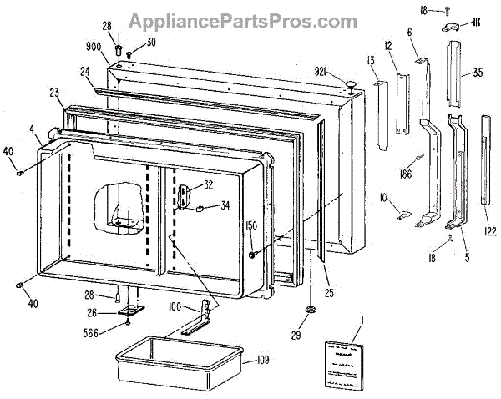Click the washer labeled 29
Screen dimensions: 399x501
click(x=311, y=311)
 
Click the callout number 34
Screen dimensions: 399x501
click(x=225, y=207)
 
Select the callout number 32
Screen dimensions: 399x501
click(x=208, y=186)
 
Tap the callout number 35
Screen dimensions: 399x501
click(x=477, y=73)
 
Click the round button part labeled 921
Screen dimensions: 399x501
click(x=350, y=81)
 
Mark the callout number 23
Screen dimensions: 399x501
click(x=54, y=93)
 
